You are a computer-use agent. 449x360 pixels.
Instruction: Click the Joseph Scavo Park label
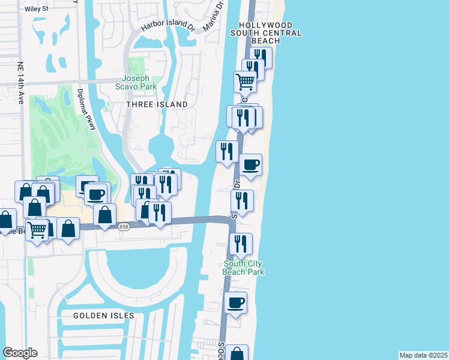[139, 82]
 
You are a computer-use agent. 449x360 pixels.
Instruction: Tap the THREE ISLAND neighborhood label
[157, 104]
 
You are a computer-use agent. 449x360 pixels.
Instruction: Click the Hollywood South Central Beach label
[265, 33]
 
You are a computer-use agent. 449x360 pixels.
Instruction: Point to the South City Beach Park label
[244, 268]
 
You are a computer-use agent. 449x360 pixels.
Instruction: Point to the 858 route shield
[124, 226]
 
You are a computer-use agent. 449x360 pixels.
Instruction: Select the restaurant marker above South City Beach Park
[241, 244]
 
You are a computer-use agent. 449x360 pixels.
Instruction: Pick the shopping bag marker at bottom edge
[238, 354]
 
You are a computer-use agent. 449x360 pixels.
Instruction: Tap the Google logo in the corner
[20, 353]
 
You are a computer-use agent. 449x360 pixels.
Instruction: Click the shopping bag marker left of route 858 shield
[105, 215]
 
